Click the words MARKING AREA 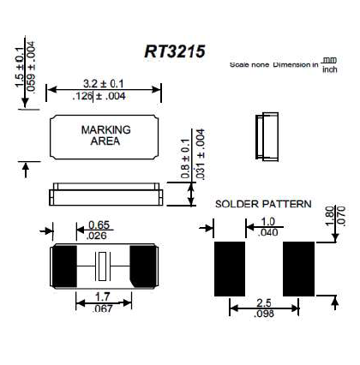105,135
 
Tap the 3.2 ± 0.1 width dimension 105,83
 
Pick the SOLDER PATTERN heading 262,205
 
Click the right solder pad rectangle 299,266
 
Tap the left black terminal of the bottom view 65,265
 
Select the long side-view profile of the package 105,190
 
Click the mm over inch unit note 329,63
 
